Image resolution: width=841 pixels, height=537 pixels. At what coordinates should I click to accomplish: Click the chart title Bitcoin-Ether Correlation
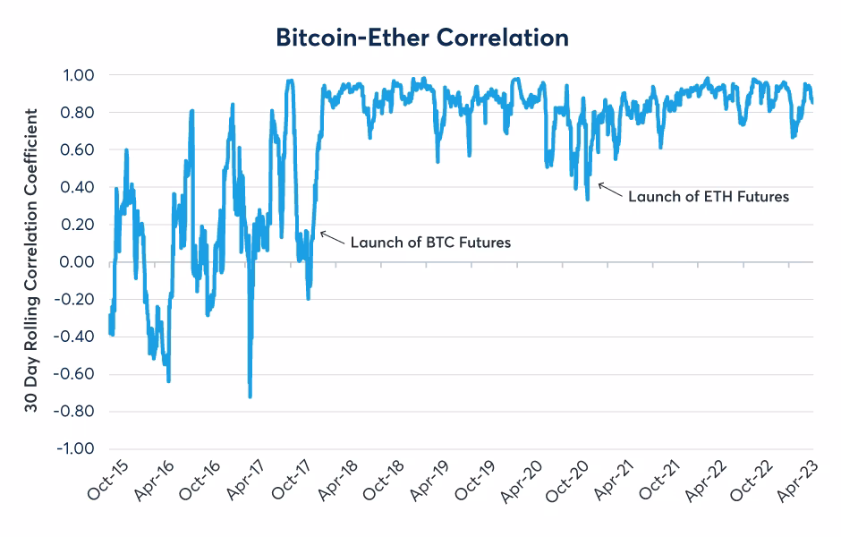[x=421, y=38]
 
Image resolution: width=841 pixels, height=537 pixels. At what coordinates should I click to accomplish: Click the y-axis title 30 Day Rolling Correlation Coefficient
[x=32, y=260]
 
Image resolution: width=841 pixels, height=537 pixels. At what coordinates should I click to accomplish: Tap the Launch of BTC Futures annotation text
[x=430, y=242]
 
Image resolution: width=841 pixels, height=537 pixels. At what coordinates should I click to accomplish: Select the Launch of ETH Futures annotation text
[x=708, y=196]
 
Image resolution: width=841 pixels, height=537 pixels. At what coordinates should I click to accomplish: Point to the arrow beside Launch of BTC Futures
[x=331, y=237]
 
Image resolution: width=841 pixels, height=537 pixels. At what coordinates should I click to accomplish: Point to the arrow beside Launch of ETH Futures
[x=608, y=189]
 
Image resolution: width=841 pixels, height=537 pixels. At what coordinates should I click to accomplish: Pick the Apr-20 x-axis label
[x=520, y=487]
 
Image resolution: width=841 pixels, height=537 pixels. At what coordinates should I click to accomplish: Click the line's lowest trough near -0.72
[x=250, y=396]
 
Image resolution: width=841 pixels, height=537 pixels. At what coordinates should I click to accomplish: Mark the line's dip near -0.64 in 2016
[x=168, y=381]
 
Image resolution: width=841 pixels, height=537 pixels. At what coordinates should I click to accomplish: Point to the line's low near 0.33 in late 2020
[x=587, y=199]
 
